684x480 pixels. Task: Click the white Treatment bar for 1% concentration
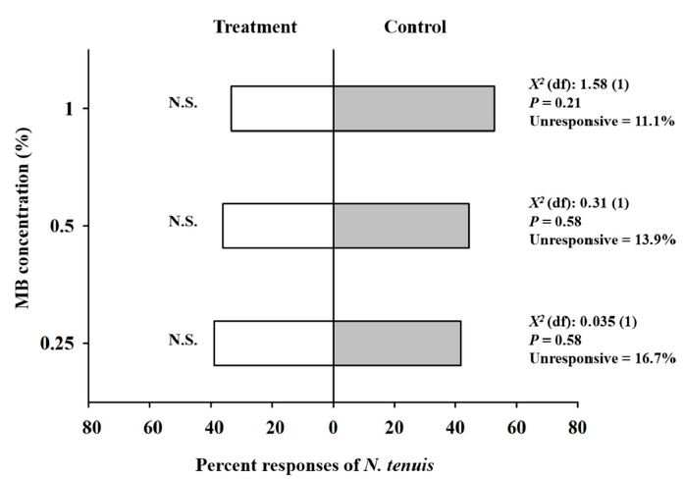click(283, 108)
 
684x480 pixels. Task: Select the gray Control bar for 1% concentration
click(414, 108)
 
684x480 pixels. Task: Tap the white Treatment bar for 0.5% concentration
click(278, 226)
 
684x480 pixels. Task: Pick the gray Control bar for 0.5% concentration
click(401, 226)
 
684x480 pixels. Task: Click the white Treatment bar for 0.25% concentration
click(274, 343)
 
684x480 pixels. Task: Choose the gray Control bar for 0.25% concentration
click(397, 343)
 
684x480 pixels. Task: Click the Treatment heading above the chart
click(255, 27)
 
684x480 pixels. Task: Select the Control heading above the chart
click(415, 27)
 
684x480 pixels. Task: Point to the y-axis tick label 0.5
click(63, 226)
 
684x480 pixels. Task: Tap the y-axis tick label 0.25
click(58, 344)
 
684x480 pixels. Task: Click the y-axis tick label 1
click(69, 109)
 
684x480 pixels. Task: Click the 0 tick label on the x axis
click(334, 428)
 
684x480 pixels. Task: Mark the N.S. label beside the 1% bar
click(184, 102)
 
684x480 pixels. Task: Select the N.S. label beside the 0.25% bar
click(184, 340)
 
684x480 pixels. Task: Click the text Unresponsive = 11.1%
click(602, 121)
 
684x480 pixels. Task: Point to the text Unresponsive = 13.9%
click(603, 240)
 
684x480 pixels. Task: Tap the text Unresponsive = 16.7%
click(603, 358)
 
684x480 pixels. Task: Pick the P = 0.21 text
click(554, 103)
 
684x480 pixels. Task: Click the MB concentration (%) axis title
click(23, 218)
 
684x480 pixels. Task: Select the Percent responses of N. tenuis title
click(314, 465)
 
